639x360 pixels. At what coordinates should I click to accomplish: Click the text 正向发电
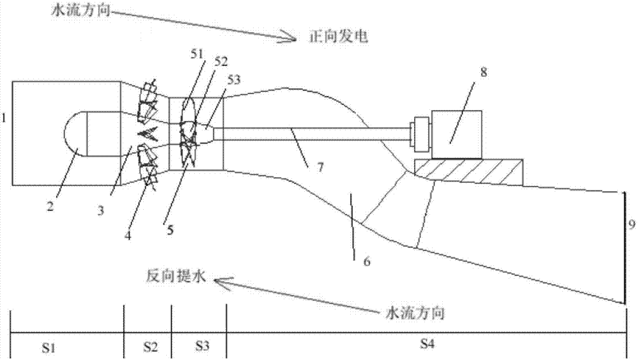click(338, 36)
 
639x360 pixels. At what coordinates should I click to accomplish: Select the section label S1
click(49, 347)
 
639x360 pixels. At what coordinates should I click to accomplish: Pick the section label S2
click(150, 347)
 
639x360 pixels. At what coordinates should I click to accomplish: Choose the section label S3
click(202, 346)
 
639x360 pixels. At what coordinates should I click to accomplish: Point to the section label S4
click(427, 344)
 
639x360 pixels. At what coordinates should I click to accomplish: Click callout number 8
click(483, 72)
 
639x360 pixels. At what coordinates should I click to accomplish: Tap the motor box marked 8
click(457, 134)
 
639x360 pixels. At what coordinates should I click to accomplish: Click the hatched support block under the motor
click(468, 171)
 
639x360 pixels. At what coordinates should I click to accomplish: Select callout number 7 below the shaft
click(320, 167)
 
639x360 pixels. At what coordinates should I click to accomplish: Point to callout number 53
click(233, 79)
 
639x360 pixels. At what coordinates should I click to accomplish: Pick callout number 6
click(367, 262)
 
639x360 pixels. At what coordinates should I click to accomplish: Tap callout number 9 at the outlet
click(632, 223)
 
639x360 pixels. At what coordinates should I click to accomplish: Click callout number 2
click(50, 206)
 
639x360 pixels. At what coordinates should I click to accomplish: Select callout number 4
click(128, 235)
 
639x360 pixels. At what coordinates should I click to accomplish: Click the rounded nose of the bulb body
click(73, 134)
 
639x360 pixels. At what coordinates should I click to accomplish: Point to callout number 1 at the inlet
click(4, 119)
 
